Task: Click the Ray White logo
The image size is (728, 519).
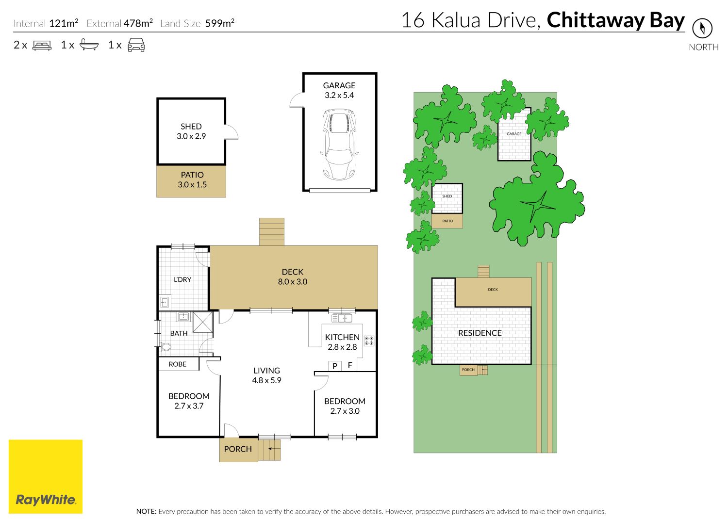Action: click(x=46, y=476)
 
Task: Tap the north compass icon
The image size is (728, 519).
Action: click(x=702, y=28)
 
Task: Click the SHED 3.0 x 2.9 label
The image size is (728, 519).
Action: click(x=191, y=131)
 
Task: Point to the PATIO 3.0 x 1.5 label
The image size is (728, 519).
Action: click(x=192, y=179)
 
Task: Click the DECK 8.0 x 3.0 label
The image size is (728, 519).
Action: click(x=293, y=276)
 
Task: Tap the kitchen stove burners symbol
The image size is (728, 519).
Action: click(x=369, y=341)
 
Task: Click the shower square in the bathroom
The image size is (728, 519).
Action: click(x=202, y=322)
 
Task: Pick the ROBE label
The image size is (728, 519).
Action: click(x=178, y=364)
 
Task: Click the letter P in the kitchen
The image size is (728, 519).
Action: click(x=335, y=366)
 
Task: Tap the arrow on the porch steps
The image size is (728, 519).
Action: click(x=274, y=449)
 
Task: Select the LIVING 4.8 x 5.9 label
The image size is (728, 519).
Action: click(x=266, y=375)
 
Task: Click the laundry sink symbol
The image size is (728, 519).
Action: click(x=165, y=302)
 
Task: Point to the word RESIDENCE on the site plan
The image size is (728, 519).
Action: click(x=480, y=333)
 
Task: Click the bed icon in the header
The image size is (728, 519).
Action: click(x=42, y=45)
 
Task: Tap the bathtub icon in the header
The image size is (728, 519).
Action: click(x=89, y=45)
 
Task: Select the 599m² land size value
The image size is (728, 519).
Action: click(x=220, y=23)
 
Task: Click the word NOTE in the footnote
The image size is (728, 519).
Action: click(x=146, y=511)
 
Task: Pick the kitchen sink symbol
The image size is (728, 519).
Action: click(x=341, y=318)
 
